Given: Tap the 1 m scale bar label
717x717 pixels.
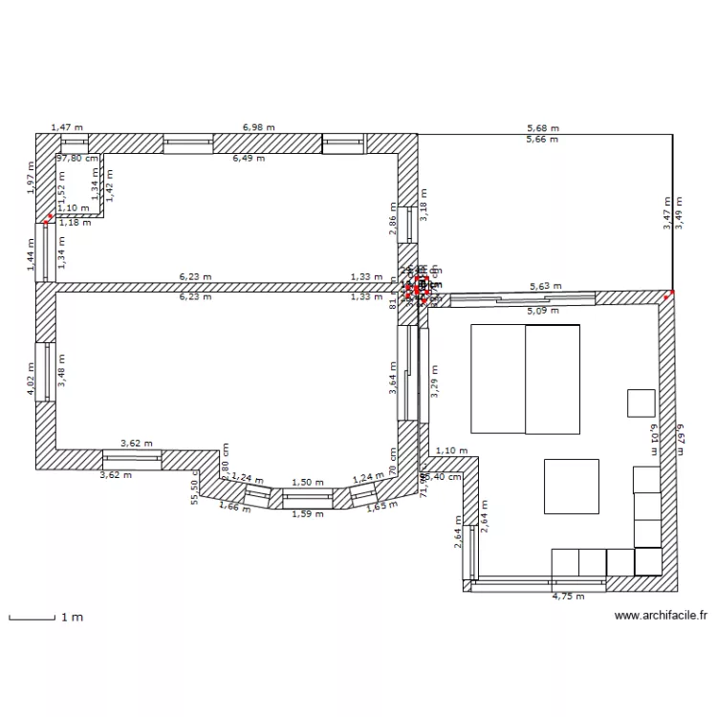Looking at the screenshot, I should tap(72, 618).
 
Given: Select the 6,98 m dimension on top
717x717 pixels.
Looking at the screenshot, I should tap(258, 126).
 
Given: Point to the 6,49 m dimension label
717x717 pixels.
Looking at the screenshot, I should tap(250, 159).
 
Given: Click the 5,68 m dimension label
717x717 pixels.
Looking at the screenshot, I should tap(543, 127).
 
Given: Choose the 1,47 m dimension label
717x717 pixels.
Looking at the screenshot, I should tap(67, 126).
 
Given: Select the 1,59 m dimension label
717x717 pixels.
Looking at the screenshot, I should tap(308, 513).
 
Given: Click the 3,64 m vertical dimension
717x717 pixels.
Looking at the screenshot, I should tap(392, 371).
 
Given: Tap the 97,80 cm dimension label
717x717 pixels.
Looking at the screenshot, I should tap(77, 159).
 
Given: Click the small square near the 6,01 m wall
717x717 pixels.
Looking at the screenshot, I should tap(641, 402).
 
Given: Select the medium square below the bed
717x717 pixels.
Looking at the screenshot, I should tap(572, 486).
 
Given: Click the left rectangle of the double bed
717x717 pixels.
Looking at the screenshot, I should tap(497, 379).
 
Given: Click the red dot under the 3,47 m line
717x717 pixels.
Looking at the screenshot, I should tap(672, 293).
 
